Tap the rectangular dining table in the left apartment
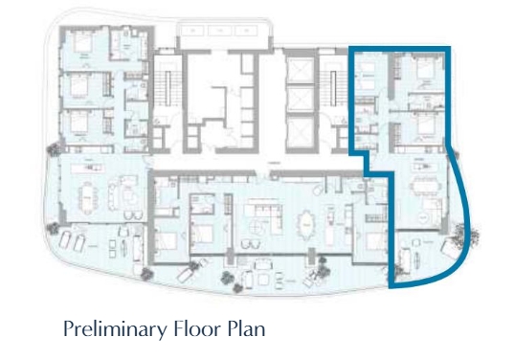[89, 196]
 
